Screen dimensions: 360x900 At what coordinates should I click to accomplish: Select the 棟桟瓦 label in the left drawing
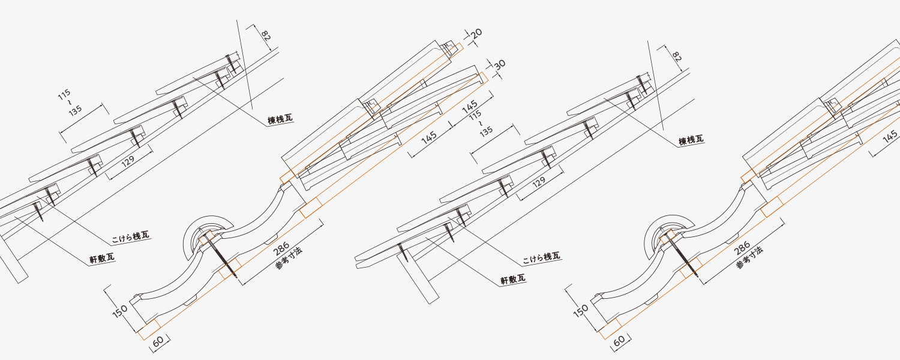pos(280,119)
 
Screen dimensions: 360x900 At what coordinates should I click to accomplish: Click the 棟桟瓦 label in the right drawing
pos(691,140)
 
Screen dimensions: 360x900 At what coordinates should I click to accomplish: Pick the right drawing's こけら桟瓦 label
pos(541,257)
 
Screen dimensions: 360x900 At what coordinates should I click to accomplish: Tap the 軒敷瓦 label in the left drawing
pos(102,258)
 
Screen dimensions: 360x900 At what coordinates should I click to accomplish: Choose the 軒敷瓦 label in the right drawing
pos(513,279)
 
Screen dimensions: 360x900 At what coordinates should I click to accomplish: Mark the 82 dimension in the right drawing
pos(676,57)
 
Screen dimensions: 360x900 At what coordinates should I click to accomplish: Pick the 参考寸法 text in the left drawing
pos(289,259)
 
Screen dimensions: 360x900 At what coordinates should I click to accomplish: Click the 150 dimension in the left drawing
pos(120,310)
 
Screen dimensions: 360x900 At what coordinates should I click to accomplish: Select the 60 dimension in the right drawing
pos(619,341)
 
